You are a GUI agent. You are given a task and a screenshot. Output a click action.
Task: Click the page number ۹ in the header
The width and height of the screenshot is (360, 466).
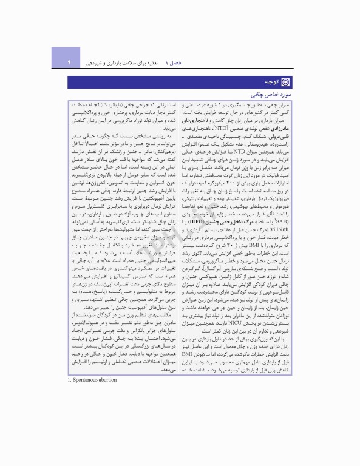pyautogui.click(x=70, y=62)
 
